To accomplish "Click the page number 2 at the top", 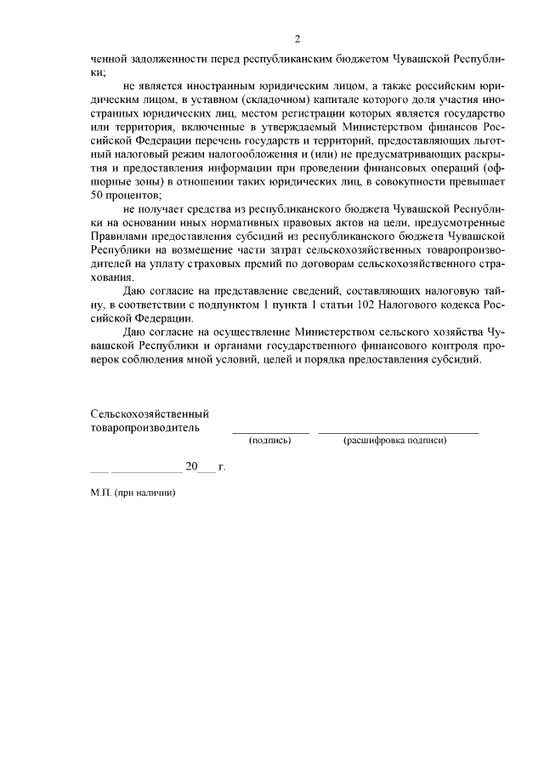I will pos(297,39).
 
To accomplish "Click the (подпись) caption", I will pos(270,441).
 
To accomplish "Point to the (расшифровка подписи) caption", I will pos(394,441).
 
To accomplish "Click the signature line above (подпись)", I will pos(270,433).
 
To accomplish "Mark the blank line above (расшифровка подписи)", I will pos(398,433).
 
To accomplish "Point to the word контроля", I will pos(428,345).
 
